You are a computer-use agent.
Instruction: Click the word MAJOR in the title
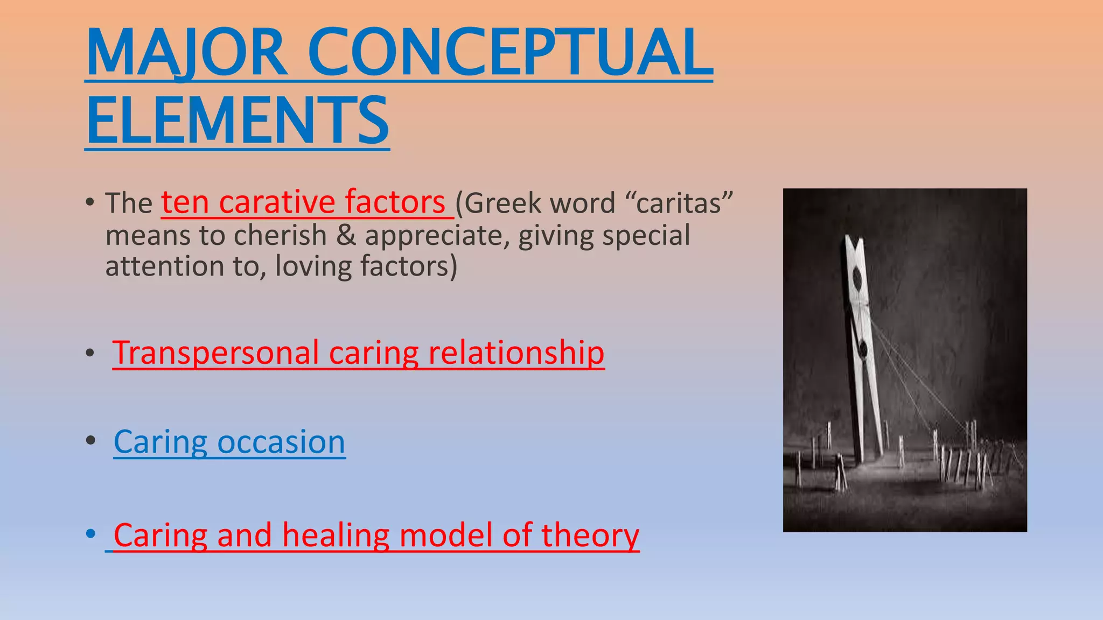tap(186, 53)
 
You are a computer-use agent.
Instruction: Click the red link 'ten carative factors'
tap(303, 202)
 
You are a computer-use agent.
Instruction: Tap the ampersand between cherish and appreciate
tap(346, 236)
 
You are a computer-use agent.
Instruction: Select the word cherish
tap(280, 236)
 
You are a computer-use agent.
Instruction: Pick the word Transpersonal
tap(215, 353)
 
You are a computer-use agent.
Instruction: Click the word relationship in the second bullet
tap(516, 353)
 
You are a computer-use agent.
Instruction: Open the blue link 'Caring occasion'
tap(229, 442)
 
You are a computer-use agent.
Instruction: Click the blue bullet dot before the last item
tap(90, 534)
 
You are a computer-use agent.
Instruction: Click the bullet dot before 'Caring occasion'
tap(90, 441)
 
